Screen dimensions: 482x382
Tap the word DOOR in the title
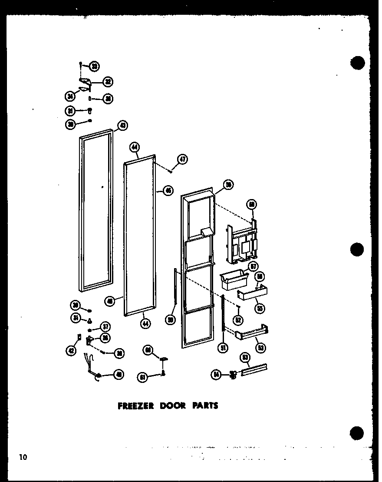(173, 406)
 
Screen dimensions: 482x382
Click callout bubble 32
(108, 81)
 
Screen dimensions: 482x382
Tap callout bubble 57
(253, 267)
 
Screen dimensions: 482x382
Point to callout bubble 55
(260, 309)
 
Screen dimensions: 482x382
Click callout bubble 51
(224, 348)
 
